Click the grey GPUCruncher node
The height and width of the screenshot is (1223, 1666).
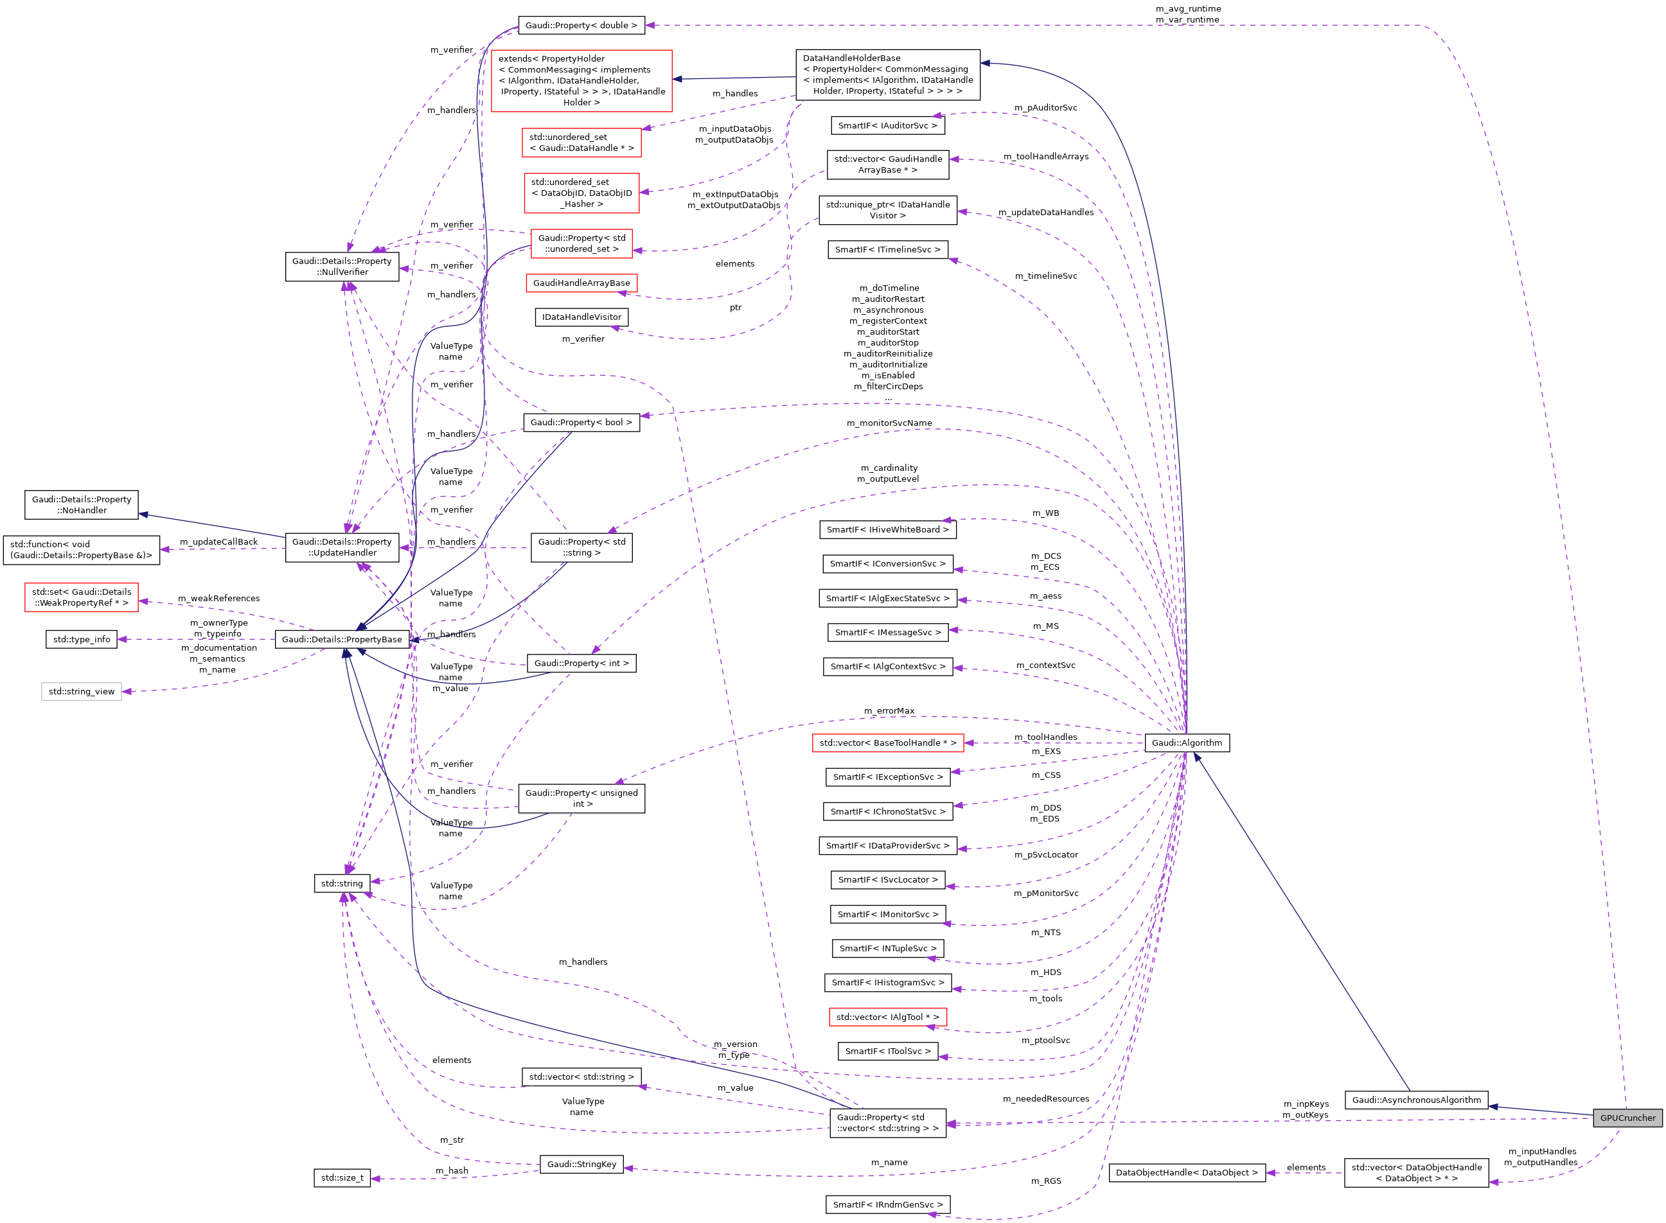[1627, 1118]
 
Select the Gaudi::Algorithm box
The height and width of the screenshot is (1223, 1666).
[1186, 743]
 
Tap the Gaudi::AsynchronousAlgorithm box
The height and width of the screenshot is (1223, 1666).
[1415, 1100]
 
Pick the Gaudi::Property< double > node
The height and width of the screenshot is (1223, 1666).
[581, 25]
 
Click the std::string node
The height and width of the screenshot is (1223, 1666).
[341, 883]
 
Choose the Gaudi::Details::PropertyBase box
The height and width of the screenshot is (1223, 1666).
[341, 640]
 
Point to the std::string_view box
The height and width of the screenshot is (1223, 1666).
[82, 691]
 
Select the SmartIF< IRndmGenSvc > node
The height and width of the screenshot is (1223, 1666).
[887, 1204]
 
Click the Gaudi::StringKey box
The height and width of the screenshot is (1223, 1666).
[581, 1165]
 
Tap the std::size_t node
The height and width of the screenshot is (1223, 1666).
[341, 1178]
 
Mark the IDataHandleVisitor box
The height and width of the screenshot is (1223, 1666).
[581, 317]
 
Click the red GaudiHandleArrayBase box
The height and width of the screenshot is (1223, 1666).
[581, 283]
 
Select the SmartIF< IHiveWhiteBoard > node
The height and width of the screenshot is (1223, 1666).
[887, 529]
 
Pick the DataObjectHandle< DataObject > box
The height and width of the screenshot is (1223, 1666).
[1186, 1173]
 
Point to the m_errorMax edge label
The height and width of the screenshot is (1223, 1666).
[889, 710]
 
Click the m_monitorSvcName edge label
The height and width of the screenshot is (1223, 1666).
[889, 423]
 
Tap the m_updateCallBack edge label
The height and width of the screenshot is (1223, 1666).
[218, 542]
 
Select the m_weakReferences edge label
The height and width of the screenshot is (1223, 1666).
[218, 598]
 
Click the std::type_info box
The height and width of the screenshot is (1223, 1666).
[82, 640]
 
